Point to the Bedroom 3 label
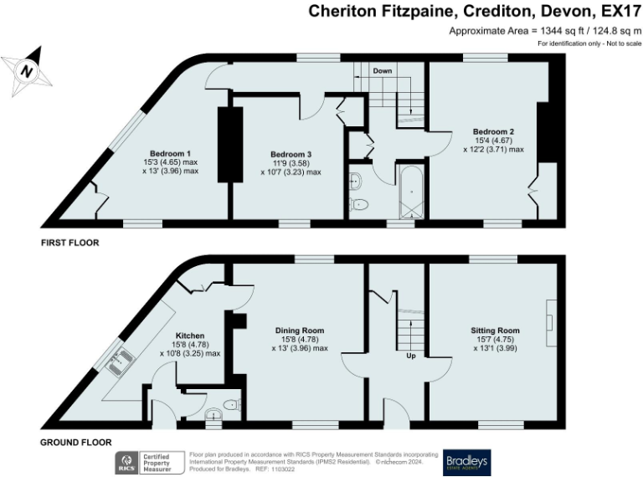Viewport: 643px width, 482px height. coord(291,154)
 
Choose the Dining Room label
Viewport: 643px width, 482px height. coord(299,331)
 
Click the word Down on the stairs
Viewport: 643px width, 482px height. coord(383,71)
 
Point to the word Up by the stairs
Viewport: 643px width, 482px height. coord(411,356)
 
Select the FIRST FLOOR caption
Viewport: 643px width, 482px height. coord(70,244)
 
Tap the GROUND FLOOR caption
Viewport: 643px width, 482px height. coord(75,442)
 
